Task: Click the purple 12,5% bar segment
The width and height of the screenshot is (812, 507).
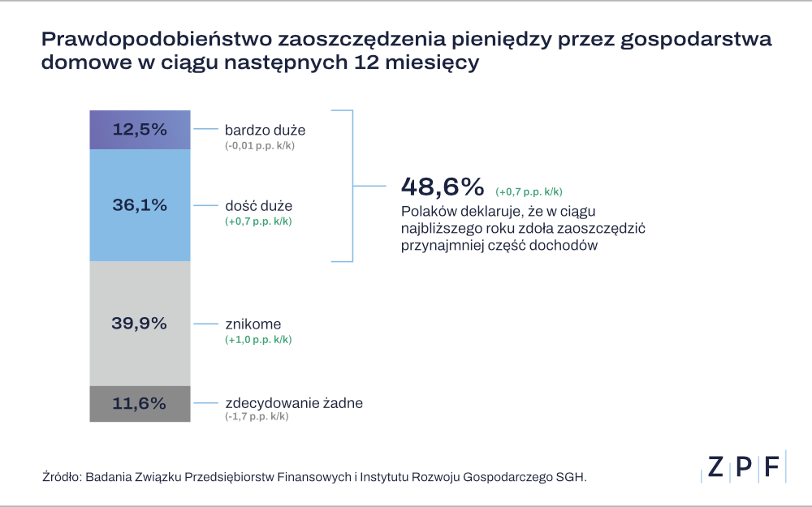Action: [140, 130]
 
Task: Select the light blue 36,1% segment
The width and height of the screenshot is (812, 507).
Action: [140, 205]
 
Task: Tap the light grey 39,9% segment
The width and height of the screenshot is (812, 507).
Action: [140, 323]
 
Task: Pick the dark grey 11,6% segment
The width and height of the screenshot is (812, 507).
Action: [140, 403]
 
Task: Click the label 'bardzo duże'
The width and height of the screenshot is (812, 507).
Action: [265, 130]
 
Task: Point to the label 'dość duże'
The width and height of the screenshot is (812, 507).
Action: [258, 206]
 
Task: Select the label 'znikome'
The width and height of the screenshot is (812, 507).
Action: [253, 324]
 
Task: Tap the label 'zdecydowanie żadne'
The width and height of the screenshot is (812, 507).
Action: [293, 403]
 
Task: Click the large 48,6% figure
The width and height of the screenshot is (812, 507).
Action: [443, 187]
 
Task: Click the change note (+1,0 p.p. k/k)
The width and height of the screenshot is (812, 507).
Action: [258, 340]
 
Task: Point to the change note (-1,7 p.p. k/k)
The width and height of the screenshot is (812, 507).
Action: [257, 416]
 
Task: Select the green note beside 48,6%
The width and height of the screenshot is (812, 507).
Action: [529, 192]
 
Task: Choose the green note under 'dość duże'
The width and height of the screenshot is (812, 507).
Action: [258, 221]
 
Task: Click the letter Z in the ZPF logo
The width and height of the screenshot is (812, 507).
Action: [715, 466]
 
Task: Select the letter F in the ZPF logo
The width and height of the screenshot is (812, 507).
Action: [771, 466]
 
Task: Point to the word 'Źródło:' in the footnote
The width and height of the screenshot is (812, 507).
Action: [61, 477]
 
